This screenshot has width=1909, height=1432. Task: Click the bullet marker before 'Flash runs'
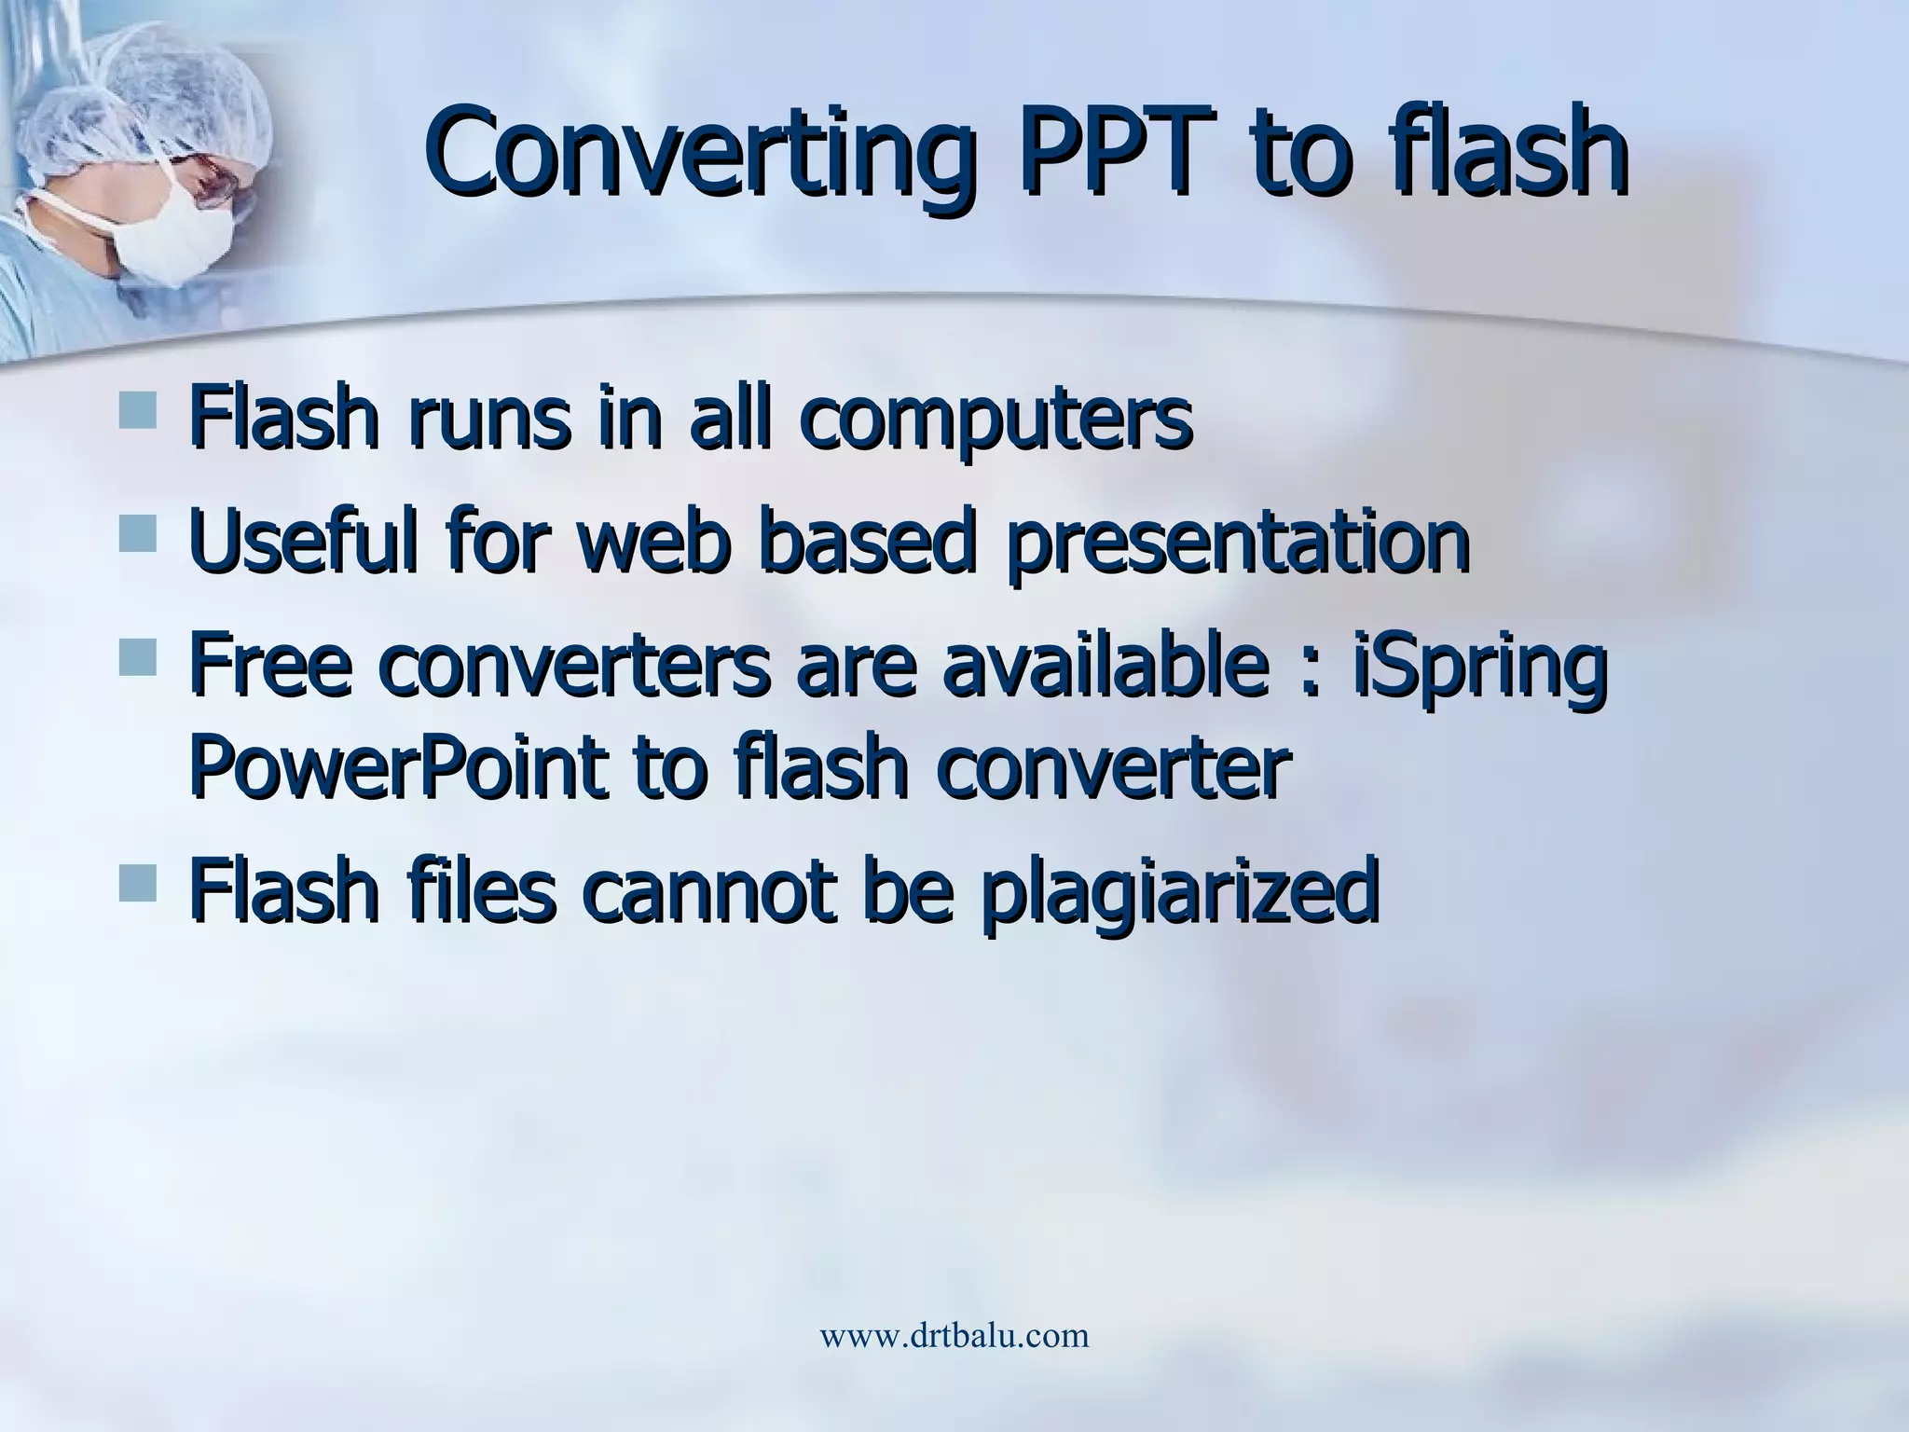[x=138, y=410]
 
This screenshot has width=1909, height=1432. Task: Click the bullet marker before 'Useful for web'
[x=138, y=536]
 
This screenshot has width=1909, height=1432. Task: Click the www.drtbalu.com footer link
[x=954, y=1336]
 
